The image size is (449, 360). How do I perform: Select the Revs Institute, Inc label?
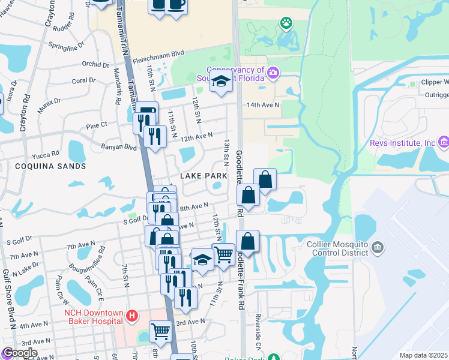click(411, 143)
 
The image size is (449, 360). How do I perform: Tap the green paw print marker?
click(286, 23)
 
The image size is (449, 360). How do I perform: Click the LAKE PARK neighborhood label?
click(203, 176)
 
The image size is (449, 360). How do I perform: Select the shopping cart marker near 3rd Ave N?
click(160, 330)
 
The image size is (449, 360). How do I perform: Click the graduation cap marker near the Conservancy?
click(221, 82)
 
